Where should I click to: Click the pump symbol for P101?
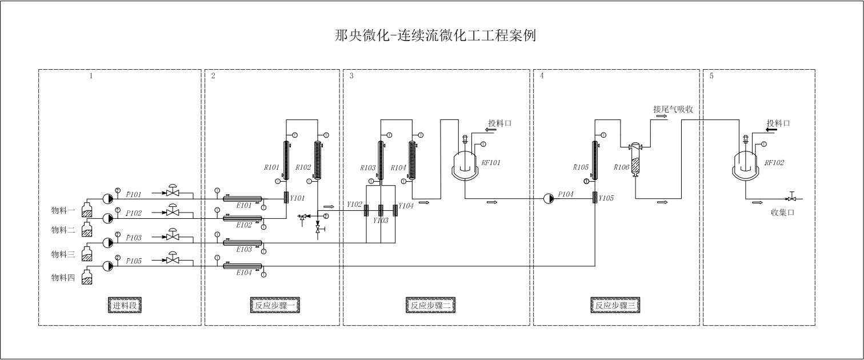107,198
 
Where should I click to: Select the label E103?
244,250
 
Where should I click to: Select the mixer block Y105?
595,197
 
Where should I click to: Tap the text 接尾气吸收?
673,109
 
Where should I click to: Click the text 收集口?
783,212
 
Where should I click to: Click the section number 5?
711,76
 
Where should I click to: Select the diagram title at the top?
435,35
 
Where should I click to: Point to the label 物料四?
63,278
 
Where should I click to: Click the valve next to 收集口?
791,198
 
